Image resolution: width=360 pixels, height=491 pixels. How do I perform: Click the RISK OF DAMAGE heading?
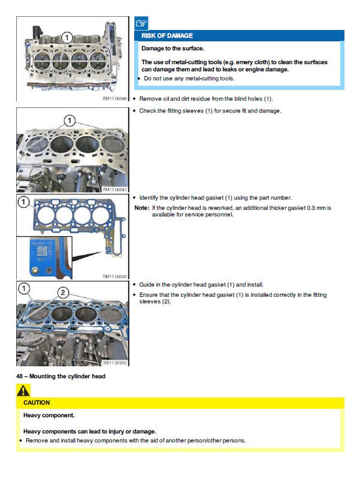pos(167,36)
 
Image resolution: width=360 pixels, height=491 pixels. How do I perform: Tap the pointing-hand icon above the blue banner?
pos(141,23)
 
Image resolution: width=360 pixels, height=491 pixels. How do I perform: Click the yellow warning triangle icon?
pos(23,390)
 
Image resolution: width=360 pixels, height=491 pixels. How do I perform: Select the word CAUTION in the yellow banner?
pos(37,403)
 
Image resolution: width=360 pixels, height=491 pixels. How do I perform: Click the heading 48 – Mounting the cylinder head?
pos(60,376)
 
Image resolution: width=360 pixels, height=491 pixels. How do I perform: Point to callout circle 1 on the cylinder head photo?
pos(66,38)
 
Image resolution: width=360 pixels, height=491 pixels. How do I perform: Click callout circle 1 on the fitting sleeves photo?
pos(69,121)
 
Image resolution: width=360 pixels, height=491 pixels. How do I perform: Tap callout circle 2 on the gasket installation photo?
pos(63,293)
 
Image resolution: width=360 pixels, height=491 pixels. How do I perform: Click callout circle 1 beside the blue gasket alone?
pos(23,202)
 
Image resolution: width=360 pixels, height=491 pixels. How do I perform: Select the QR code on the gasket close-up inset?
pos(41,251)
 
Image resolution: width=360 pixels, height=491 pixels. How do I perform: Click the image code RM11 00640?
pos(115,99)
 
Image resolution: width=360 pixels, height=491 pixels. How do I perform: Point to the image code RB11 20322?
pos(115,363)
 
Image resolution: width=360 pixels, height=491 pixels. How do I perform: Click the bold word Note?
pos(142,208)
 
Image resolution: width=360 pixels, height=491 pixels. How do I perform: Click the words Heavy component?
pos(49,415)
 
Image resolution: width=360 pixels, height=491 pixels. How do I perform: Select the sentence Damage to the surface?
pos(173,49)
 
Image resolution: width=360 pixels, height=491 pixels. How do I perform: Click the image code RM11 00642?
pos(115,276)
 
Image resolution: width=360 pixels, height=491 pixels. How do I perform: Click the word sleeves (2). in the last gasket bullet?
pos(155,302)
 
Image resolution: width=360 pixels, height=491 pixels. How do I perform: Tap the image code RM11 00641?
pos(115,190)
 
